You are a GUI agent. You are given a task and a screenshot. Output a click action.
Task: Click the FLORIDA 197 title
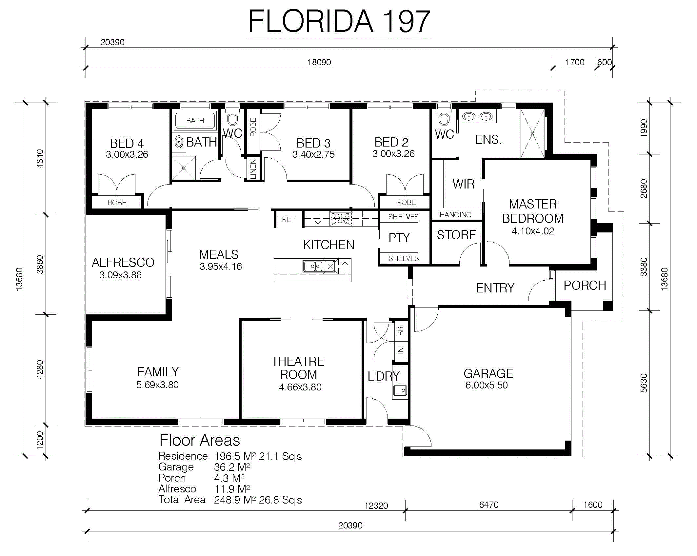pyautogui.click(x=339, y=21)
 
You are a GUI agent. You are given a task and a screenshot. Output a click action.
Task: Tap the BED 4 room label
pyautogui.click(x=127, y=144)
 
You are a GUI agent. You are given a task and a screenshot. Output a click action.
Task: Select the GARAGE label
pyautogui.click(x=488, y=374)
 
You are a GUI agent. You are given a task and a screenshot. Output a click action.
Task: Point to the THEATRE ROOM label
pyautogui.click(x=298, y=368)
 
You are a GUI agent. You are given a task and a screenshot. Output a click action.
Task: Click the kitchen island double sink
pyautogui.click(x=313, y=266)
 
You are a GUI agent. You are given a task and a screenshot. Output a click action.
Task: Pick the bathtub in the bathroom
pyautogui.click(x=195, y=121)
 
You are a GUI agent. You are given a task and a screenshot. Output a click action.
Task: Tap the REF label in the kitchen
pyautogui.click(x=288, y=220)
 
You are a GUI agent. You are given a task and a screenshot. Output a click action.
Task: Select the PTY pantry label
pyautogui.click(x=399, y=238)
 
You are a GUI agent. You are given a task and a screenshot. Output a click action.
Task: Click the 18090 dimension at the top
pyautogui.click(x=319, y=62)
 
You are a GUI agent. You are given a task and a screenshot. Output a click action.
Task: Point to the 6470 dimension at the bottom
pyautogui.click(x=488, y=505)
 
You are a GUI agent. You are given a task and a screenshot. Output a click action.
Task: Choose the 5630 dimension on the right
pyautogui.click(x=644, y=383)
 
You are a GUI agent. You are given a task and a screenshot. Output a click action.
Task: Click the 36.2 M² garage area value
pyautogui.click(x=232, y=467)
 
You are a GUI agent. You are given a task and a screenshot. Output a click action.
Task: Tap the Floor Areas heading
pyautogui.click(x=200, y=440)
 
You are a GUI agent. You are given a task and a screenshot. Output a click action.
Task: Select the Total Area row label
pyautogui.click(x=182, y=500)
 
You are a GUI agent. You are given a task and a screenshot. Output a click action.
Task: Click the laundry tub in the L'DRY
pyautogui.click(x=400, y=391)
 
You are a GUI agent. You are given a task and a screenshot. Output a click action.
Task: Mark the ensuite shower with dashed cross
pyautogui.click(x=532, y=133)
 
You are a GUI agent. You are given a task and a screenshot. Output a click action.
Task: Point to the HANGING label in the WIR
pyautogui.click(x=455, y=215)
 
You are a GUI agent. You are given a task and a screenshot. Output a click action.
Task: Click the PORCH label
pyautogui.click(x=585, y=286)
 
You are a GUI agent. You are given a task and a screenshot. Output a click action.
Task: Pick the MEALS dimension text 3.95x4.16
pyautogui.click(x=221, y=267)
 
